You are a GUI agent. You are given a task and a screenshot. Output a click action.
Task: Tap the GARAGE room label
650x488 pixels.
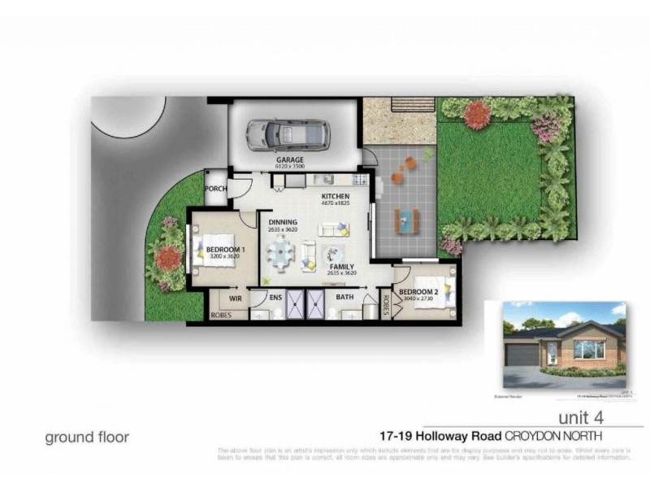point(290,160)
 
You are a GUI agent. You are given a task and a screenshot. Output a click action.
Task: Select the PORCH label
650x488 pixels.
point(215,189)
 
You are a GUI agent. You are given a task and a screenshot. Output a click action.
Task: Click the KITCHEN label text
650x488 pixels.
point(335,198)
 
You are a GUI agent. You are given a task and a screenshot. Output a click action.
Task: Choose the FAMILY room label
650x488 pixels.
point(341,266)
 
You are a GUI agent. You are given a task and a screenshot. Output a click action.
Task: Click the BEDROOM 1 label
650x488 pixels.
point(225,250)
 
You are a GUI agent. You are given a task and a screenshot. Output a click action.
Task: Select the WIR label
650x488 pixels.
point(236,298)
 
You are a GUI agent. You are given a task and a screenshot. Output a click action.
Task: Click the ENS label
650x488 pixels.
point(275,298)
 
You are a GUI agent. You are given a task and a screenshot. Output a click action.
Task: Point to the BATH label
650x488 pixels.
point(344,298)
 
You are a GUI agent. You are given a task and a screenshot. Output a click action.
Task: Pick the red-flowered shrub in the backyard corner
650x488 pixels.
point(478,115)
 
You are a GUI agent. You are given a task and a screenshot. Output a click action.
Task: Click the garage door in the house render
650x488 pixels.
point(522,354)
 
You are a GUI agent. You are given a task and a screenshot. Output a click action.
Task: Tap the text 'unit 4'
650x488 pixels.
point(583,416)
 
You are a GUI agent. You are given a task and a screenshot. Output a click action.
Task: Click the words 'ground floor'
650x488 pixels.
point(86,437)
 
